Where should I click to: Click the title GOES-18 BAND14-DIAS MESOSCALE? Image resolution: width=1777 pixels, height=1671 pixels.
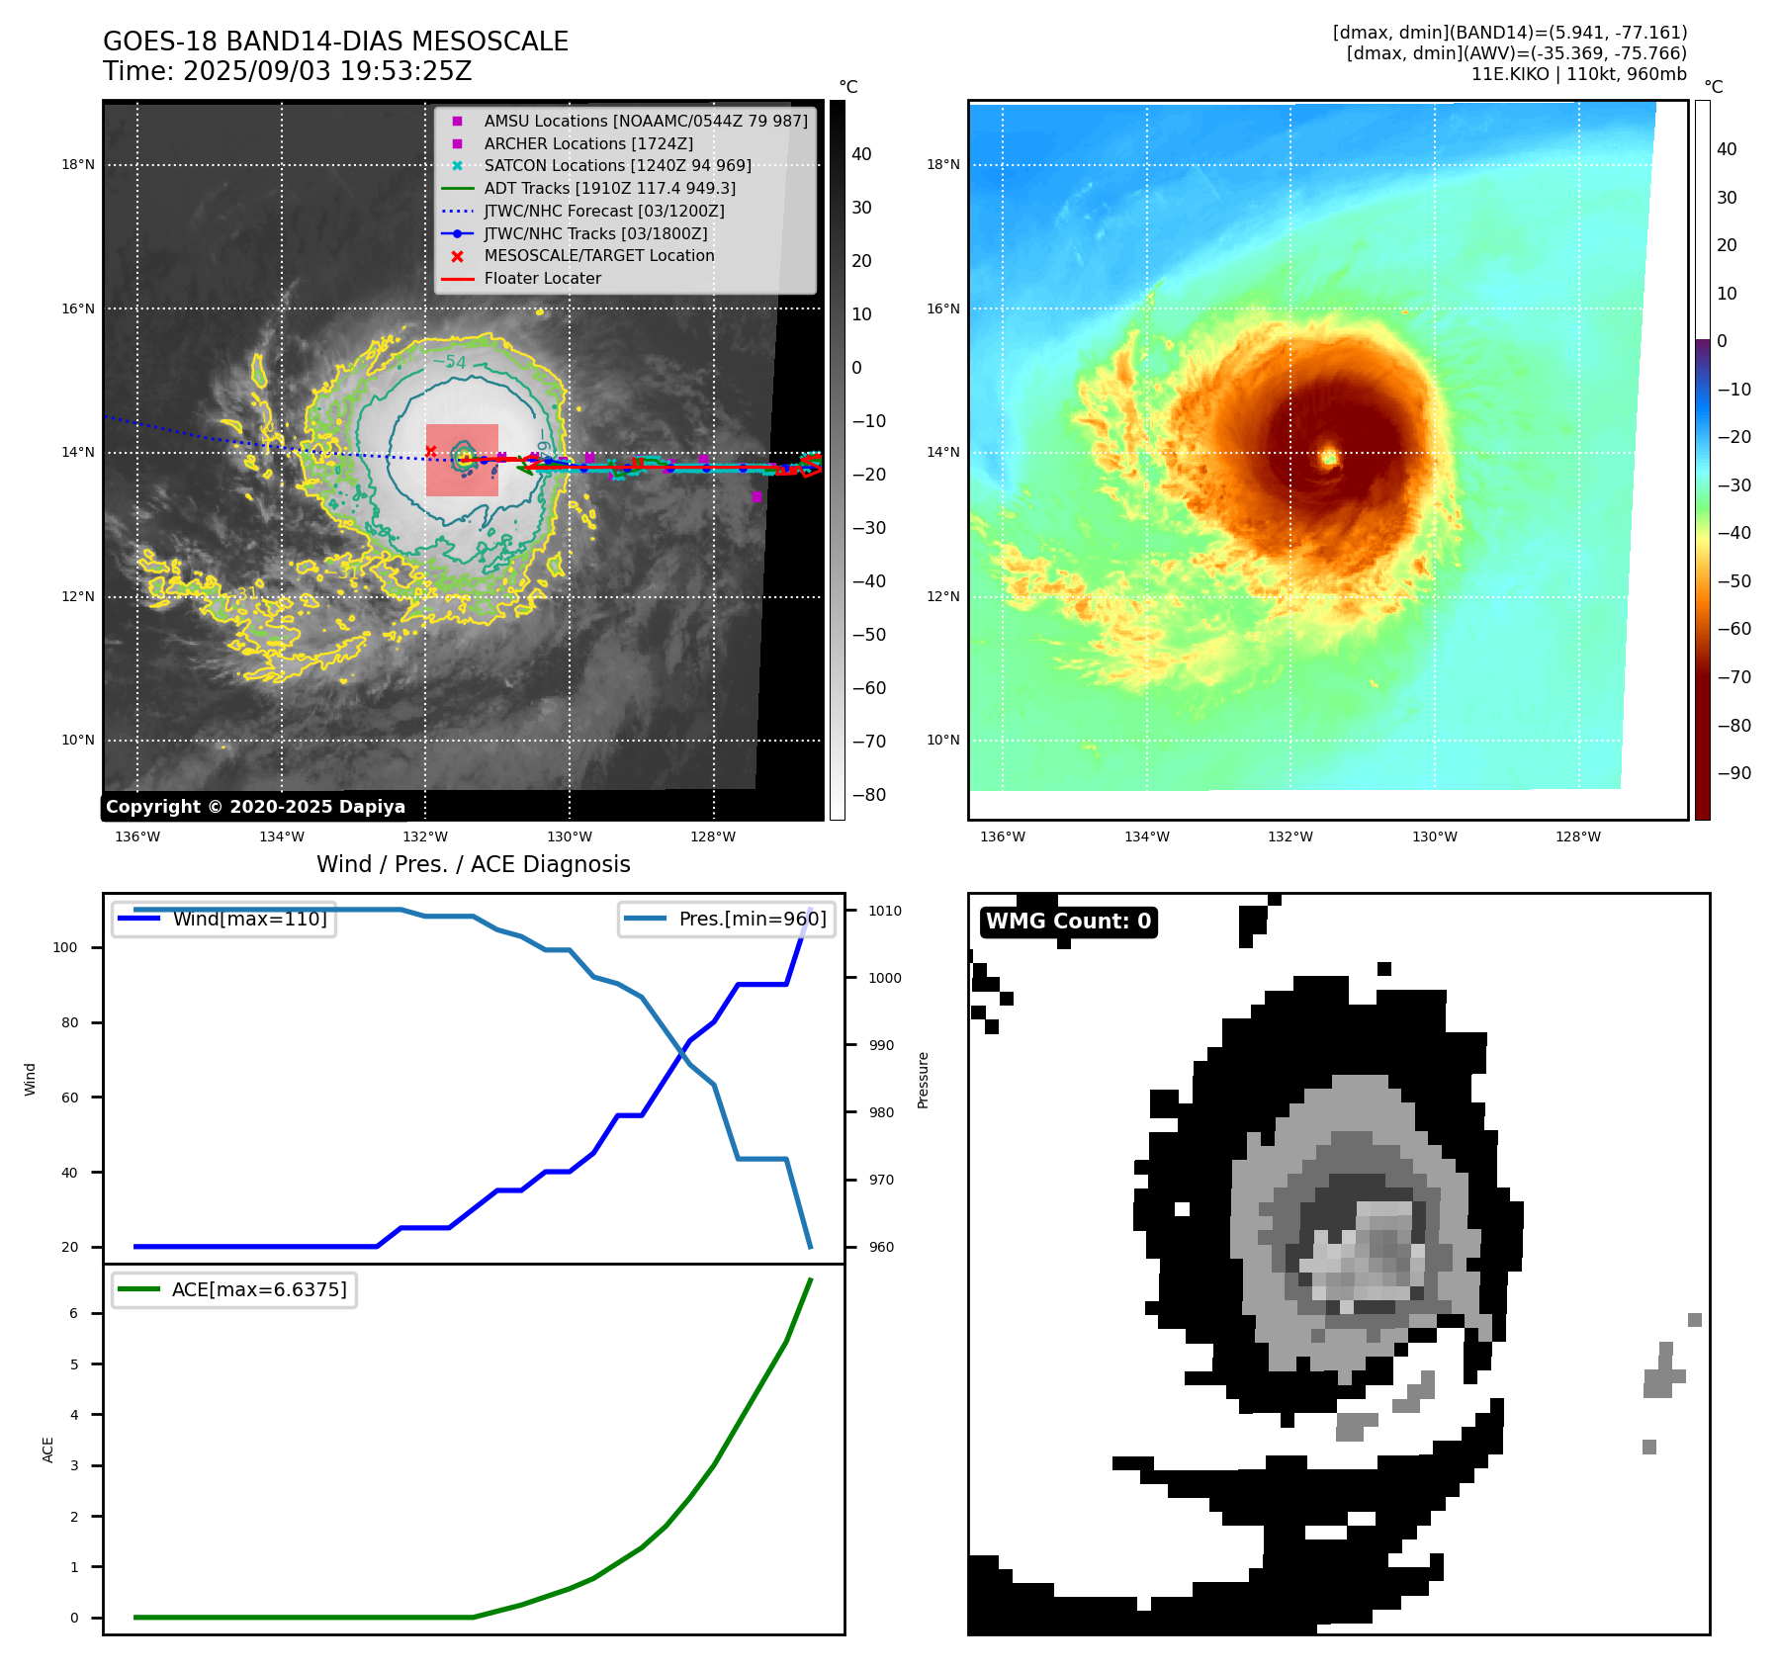pyautogui.click(x=335, y=42)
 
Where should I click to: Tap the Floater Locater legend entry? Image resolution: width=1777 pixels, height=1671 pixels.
pyautogui.click(x=542, y=278)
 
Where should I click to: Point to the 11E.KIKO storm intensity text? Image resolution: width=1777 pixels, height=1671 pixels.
pyautogui.click(x=1578, y=74)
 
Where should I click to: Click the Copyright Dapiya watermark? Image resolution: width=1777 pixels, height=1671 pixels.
pyautogui.click(x=255, y=807)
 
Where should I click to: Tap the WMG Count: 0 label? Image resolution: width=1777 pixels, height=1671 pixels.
pyautogui.click(x=1068, y=922)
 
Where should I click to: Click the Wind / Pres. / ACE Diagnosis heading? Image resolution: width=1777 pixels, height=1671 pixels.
pyautogui.click(x=473, y=864)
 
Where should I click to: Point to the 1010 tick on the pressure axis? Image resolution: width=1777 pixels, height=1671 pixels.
pyautogui.click(x=885, y=911)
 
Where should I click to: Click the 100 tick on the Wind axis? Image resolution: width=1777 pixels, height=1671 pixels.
pyautogui.click(x=65, y=947)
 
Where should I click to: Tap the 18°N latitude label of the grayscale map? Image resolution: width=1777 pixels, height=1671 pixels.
pyautogui.click(x=78, y=165)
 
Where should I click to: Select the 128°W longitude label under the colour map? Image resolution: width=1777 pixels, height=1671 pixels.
pyautogui.click(x=1577, y=836)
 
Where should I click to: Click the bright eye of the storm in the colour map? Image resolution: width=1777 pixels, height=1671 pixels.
pyautogui.click(x=1329, y=457)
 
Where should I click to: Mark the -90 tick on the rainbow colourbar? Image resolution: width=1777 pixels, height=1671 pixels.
pyautogui.click(x=1733, y=773)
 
